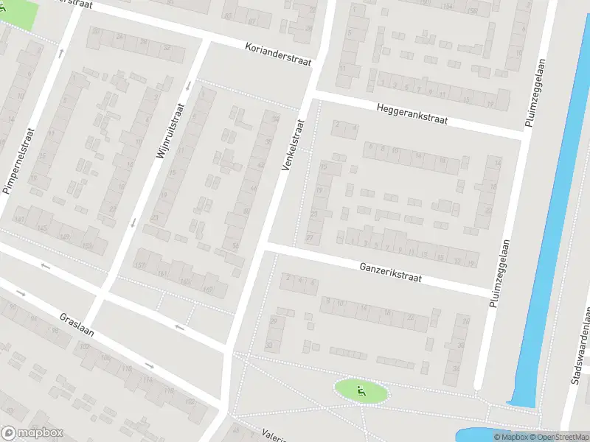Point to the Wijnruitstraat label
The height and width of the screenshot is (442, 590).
click(169, 131)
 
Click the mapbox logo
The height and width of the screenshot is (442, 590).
click(32, 433)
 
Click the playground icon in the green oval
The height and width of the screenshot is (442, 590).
click(361, 391)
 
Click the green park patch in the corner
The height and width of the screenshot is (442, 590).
click(16, 13)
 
